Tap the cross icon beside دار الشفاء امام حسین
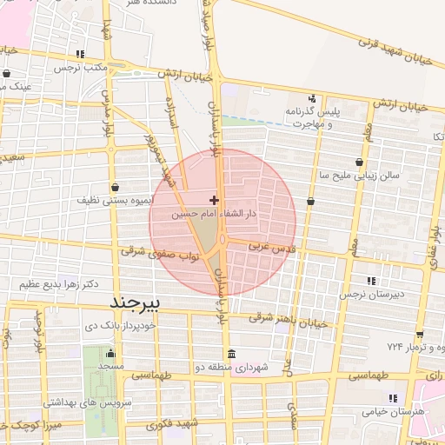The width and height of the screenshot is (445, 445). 215,201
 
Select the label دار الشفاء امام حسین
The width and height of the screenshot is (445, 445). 215,213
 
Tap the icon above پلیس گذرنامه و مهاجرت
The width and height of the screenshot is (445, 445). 312,98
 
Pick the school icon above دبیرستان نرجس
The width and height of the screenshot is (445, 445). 372,280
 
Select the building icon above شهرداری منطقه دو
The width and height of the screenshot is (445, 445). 231,355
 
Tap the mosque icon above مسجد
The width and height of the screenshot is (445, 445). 110,353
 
